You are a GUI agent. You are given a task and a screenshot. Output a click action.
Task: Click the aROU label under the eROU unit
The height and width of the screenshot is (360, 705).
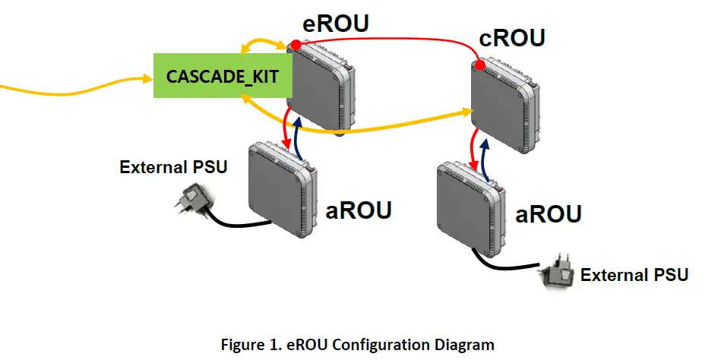pyautogui.click(x=358, y=209)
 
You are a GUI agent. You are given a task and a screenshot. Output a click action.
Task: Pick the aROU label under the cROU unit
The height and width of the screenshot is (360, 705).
pyautogui.click(x=549, y=213)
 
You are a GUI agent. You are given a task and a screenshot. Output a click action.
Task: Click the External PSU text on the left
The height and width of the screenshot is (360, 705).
pyautogui.click(x=173, y=167)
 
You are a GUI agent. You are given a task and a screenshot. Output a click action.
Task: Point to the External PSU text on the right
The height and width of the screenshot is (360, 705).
pyautogui.click(x=634, y=274)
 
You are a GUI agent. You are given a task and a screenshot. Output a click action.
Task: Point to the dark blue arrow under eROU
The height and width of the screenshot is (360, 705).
pyautogui.click(x=299, y=137)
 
